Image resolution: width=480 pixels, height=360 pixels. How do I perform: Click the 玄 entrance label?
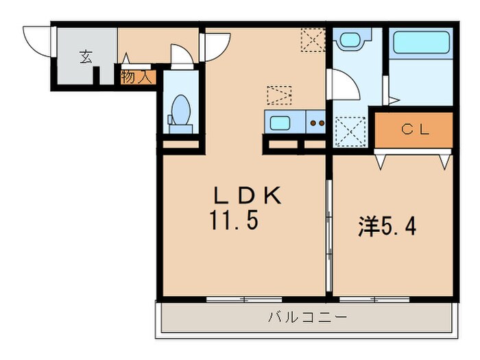click(86, 57)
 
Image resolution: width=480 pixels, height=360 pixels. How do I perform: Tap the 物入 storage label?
click(136, 76)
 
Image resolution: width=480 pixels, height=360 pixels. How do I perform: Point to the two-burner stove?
click(316, 124)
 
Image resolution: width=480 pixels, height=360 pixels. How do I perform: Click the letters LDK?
click(247, 197)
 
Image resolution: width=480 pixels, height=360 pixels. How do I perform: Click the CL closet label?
click(415, 130)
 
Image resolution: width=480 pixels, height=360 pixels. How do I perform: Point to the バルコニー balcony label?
click(307, 318)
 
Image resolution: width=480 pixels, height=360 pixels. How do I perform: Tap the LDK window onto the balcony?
click(243, 299)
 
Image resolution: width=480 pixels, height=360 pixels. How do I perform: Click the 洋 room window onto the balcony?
click(371, 299)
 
